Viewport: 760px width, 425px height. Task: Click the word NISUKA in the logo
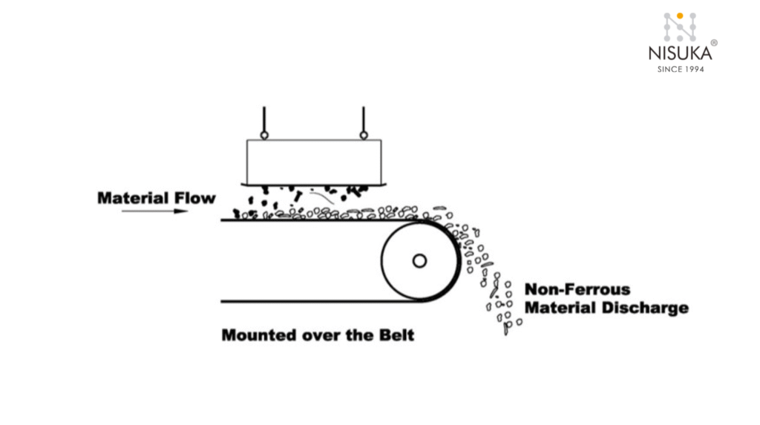point(680,53)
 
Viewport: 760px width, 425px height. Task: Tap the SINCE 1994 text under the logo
point(681,69)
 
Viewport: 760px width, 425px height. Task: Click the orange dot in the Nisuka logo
point(680,15)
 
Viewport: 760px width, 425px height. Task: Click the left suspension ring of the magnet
point(263,135)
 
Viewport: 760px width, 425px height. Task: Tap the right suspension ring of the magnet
point(364,135)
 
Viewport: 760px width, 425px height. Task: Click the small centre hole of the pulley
point(419,260)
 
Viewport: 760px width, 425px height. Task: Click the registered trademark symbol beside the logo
point(714,43)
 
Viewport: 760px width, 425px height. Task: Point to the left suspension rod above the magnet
point(263,119)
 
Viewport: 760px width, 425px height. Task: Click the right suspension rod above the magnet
point(364,119)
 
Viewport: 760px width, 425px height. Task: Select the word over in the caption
point(322,335)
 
